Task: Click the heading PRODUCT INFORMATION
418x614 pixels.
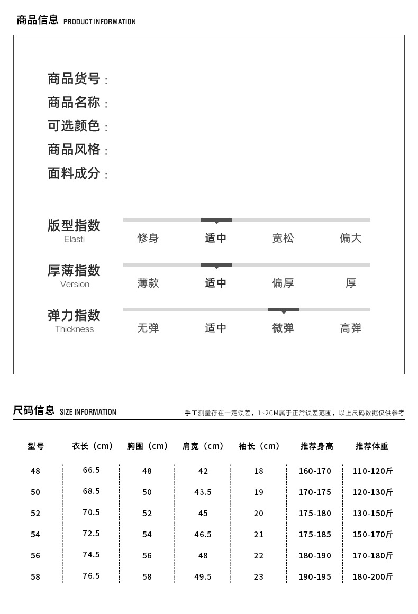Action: pyautogui.click(x=99, y=22)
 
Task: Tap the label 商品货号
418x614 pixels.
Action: pyautogui.click(x=74, y=79)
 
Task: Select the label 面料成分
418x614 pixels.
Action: pyautogui.click(x=74, y=173)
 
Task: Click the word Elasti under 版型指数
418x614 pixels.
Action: pyautogui.click(x=74, y=239)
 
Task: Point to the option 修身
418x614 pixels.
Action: pyautogui.click(x=148, y=238)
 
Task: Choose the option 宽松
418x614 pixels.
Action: pyautogui.click(x=283, y=238)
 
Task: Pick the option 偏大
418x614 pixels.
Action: pyautogui.click(x=350, y=238)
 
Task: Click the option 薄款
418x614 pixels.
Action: pyautogui.click(x=148, y=283)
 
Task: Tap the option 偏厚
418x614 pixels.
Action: pyautogui.click(x=283, y=283)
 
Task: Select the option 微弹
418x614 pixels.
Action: pyautogui.click(x=283, y=328)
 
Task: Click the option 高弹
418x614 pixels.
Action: pyautogui.click(x=350, y=328)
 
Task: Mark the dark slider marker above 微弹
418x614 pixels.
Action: pyautogui.click(x=283, y=309)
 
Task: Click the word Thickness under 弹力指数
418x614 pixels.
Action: pyautogui.click(x=74, y=329)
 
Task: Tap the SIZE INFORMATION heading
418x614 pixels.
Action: pyautogui.click(x=88, y=412)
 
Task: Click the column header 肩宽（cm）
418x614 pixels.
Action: pyautogui.click(x=203, y=446)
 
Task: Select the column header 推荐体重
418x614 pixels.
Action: pyautogui.click(x=371, y=446)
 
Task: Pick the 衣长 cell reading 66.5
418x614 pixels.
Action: pyautogui.click(x=91, y=470)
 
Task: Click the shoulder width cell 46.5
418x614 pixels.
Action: pyautogui.click(x=203, y=534)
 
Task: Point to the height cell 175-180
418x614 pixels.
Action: pyautogui.click(x=315, y=513)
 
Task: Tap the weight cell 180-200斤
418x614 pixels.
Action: pyautogui.click(x=372, y=576)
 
